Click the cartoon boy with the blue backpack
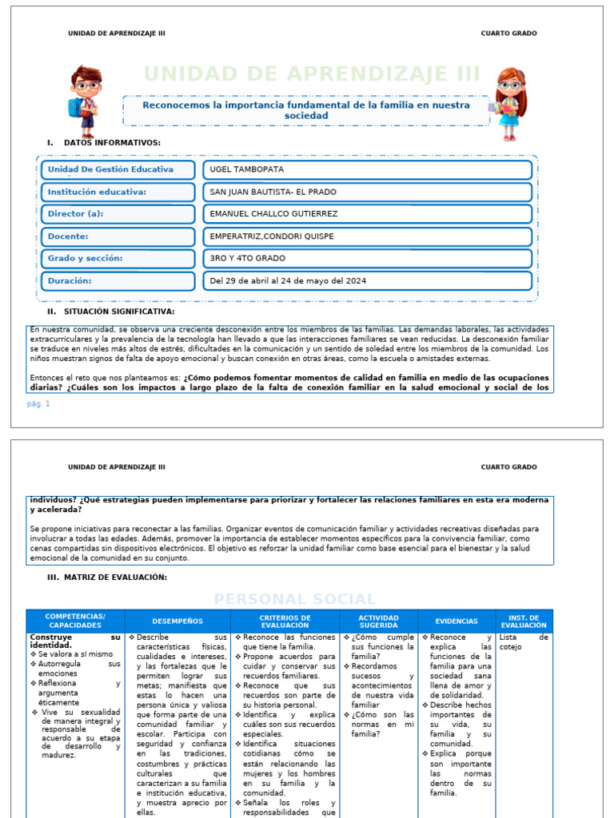[85, 101]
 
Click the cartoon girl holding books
[509, 103]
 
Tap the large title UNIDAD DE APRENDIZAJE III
[312, 74]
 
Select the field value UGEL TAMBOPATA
[247, 169]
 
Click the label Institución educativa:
[97, 192]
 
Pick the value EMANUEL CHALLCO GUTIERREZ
[273, 214]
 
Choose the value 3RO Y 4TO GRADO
[247, 259]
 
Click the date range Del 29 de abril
[288, 281]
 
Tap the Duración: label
[70, 281]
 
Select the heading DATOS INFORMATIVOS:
[111, 143]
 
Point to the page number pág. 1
[38, 403]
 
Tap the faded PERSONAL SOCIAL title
[294, 599]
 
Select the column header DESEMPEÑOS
[177, 621]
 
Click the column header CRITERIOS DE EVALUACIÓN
[285, 621]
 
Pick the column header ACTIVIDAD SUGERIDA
[378, 621]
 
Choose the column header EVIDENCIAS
[457, 621]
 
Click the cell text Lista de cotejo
[523, 642]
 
